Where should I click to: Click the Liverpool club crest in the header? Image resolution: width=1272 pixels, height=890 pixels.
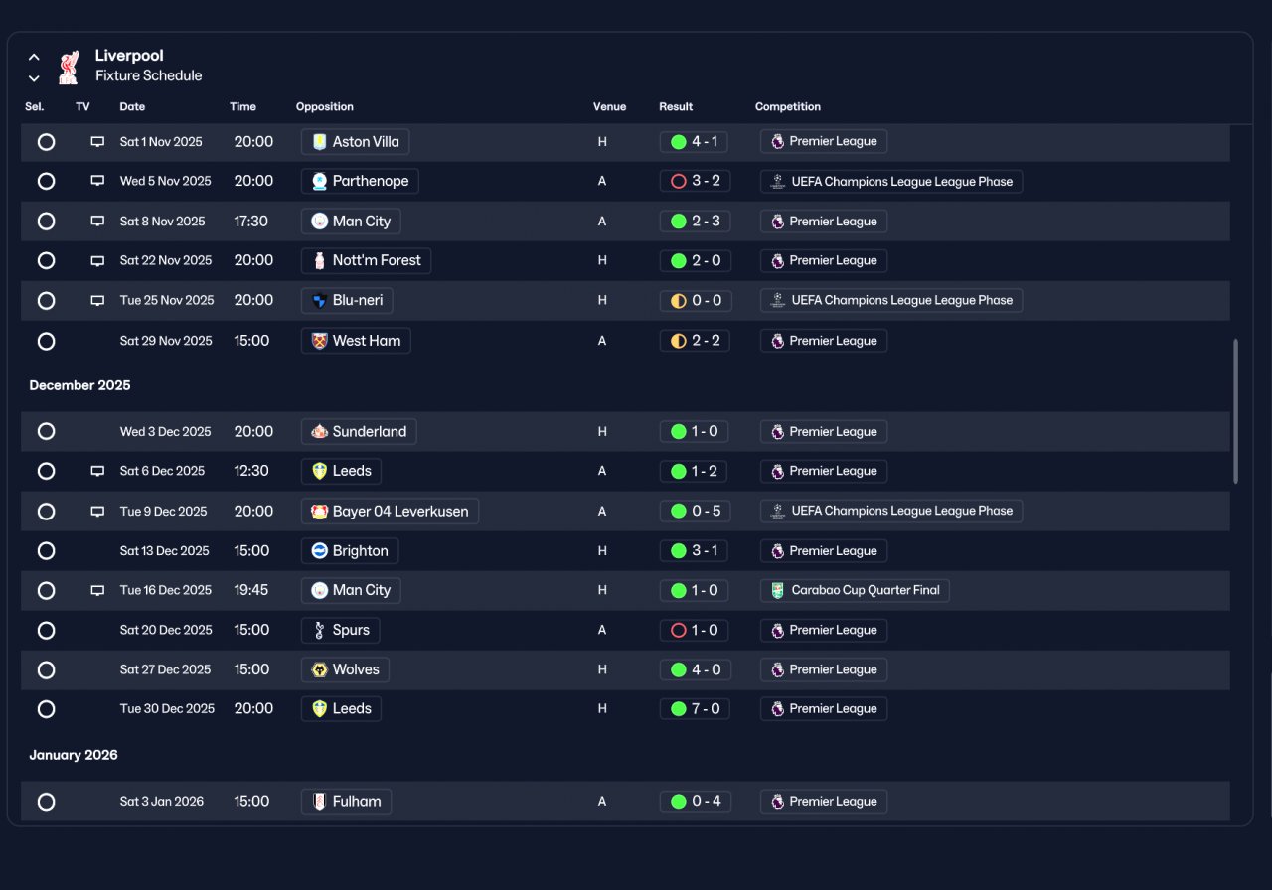pyautogui.click(x=69, y=68)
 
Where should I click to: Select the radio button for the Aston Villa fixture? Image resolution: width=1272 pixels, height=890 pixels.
pyautogui.click(x=46, y=142)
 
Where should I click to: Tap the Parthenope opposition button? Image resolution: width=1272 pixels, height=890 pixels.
pyautogui.click(x=360, y=181)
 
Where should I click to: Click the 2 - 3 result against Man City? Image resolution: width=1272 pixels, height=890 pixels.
pyautogui.click(x=695, y=221)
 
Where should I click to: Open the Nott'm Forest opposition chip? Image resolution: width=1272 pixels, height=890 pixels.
pyautogui.click(x=366, y=260)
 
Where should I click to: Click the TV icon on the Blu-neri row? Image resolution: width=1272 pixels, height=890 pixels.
pyautogui.click(x=97, y=300)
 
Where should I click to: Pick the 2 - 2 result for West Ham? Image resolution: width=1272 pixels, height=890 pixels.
pyautogui.click(x=695, y=341)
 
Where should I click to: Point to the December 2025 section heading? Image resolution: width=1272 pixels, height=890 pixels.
pyautogui.click(x=80, y=385)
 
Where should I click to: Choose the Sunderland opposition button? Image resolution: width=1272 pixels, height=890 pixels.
pyautogui.click(x=359, y=431)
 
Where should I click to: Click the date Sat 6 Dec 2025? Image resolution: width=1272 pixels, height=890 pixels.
pyautogui.click(x=162, y=471)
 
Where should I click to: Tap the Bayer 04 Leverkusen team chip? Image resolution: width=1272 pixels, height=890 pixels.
pyautogui.click(x=390, y=511)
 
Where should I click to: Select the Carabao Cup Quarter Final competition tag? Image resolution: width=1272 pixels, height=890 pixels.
pyautogui.click(x=855, y=590)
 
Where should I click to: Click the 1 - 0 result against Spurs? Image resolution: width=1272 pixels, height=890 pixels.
pyautogui.click(x=694, y=630)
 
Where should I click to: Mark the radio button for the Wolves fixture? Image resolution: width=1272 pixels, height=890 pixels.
pyautogui.click(x=46, y=669)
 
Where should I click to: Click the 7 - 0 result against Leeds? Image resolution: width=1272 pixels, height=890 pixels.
pyautogui.click(x=695, y=709)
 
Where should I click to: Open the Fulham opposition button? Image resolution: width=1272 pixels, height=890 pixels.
pyautogui.click(x=346, y=802)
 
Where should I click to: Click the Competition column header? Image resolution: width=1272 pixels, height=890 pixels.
pyautogui.click(x=788, y=106)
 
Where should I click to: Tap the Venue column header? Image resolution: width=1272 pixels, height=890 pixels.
pyautogui.click(x=609, y=106)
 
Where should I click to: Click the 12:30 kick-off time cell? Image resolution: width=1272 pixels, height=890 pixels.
pyautogui.click(x=251, y=471)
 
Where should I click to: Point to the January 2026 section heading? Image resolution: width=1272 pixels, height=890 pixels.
pyautogui.click(x=74, y=755)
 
